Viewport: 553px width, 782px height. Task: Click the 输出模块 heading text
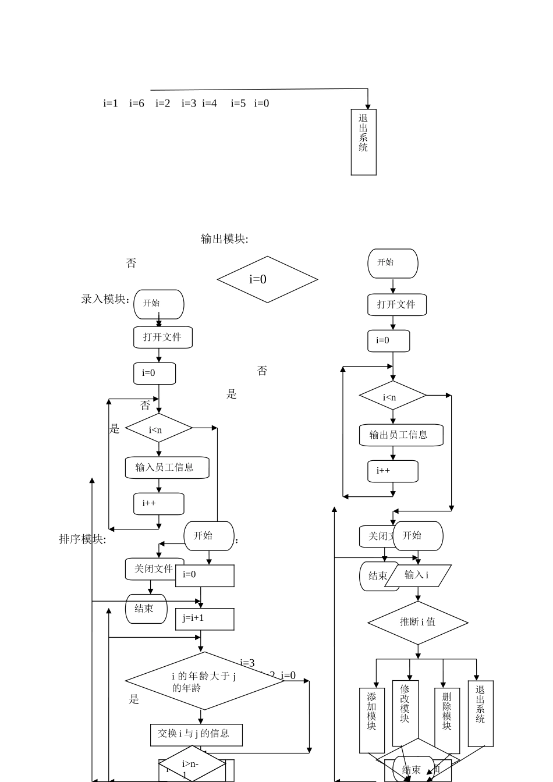pyautogui.click(x=224, y=239)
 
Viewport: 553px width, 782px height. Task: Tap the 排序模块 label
pyautogui.click(x=82, y=539)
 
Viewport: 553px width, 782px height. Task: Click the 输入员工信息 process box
pyautogui.click(x=166, y=467)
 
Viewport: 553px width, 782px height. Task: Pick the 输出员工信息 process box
pyautogui.click(x=400, y=435)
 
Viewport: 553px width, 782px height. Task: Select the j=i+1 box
pyautogui.click(x=204, y=619)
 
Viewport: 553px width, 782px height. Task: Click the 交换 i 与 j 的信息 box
pyautogui.click(x=196, y=734)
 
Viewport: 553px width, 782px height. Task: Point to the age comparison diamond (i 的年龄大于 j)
pyautogui.click(x=204, y=681)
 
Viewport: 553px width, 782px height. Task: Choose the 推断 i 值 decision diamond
pyautogui.click(x=417, y=622)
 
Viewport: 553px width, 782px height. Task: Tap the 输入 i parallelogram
pyautogui.click(x=418, y=575)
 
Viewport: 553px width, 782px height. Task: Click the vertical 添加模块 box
pyautogui.click(x=372, y=720)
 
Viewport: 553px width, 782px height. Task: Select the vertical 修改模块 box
pyautogui.click(x=405, y=713)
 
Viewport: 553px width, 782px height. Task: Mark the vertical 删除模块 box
pyautogui.click(x=447, y=720)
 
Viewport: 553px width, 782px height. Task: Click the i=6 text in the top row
pyautogui.click(x=137, y=104)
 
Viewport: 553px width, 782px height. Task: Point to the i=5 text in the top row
pyautogui.click(x=238, y=104)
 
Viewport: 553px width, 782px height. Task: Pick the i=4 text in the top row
pyautogui.click(x=210, y=104)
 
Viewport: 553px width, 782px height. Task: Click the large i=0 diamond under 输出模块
pyautogui.click(x=267, y=279)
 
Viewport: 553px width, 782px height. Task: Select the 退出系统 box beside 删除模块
pyautogui.click(x=480, y=713)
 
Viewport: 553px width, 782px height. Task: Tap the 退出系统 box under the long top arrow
pyautogui.click(x=363, y=141)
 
